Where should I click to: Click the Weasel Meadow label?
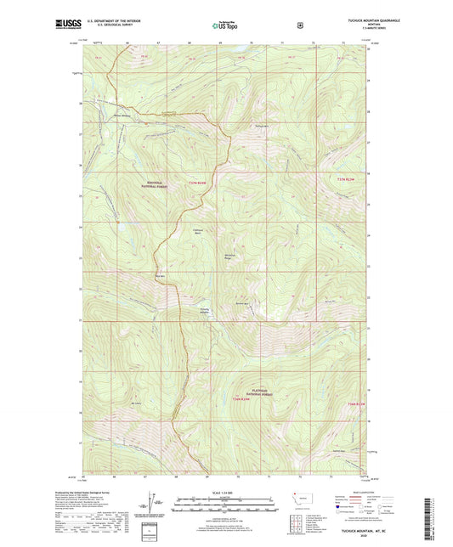pyautogui.click(x=125, y=116)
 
